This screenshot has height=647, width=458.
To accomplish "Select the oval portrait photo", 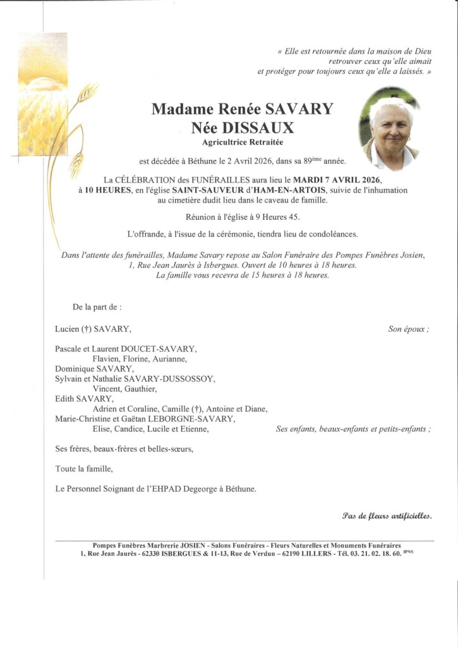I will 389,129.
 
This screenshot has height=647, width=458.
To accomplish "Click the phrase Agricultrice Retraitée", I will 243,143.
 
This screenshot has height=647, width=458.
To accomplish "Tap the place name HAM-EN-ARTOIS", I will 292,190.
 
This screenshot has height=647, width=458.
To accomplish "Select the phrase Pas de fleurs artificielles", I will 387,516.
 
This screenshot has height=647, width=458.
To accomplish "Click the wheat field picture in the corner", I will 43,95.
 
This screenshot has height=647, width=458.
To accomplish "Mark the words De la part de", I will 97,307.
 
